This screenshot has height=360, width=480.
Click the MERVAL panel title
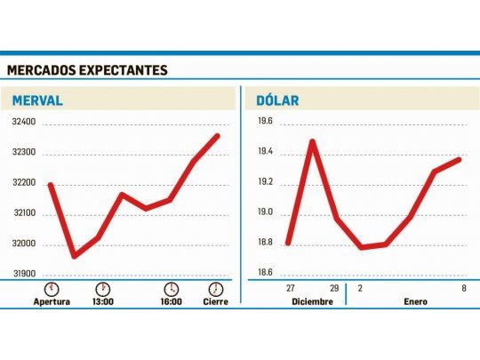coord(36,100)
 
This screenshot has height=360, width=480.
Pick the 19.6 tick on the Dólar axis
coord(265,123)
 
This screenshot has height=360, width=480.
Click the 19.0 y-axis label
coord(265,213)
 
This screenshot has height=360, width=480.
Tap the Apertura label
coord(52,301)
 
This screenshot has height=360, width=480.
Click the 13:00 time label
coord(103,301)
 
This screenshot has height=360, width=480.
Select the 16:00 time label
coord(171,301)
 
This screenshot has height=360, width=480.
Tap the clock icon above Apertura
coord(52,289)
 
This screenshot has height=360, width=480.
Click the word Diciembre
coord(312,301)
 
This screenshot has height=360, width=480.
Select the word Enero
coord(414,301)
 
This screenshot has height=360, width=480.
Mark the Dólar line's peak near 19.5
coord(312,140)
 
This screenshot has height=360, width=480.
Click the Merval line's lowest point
coord(73,257)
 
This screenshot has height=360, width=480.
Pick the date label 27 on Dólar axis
coord(290,289)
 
